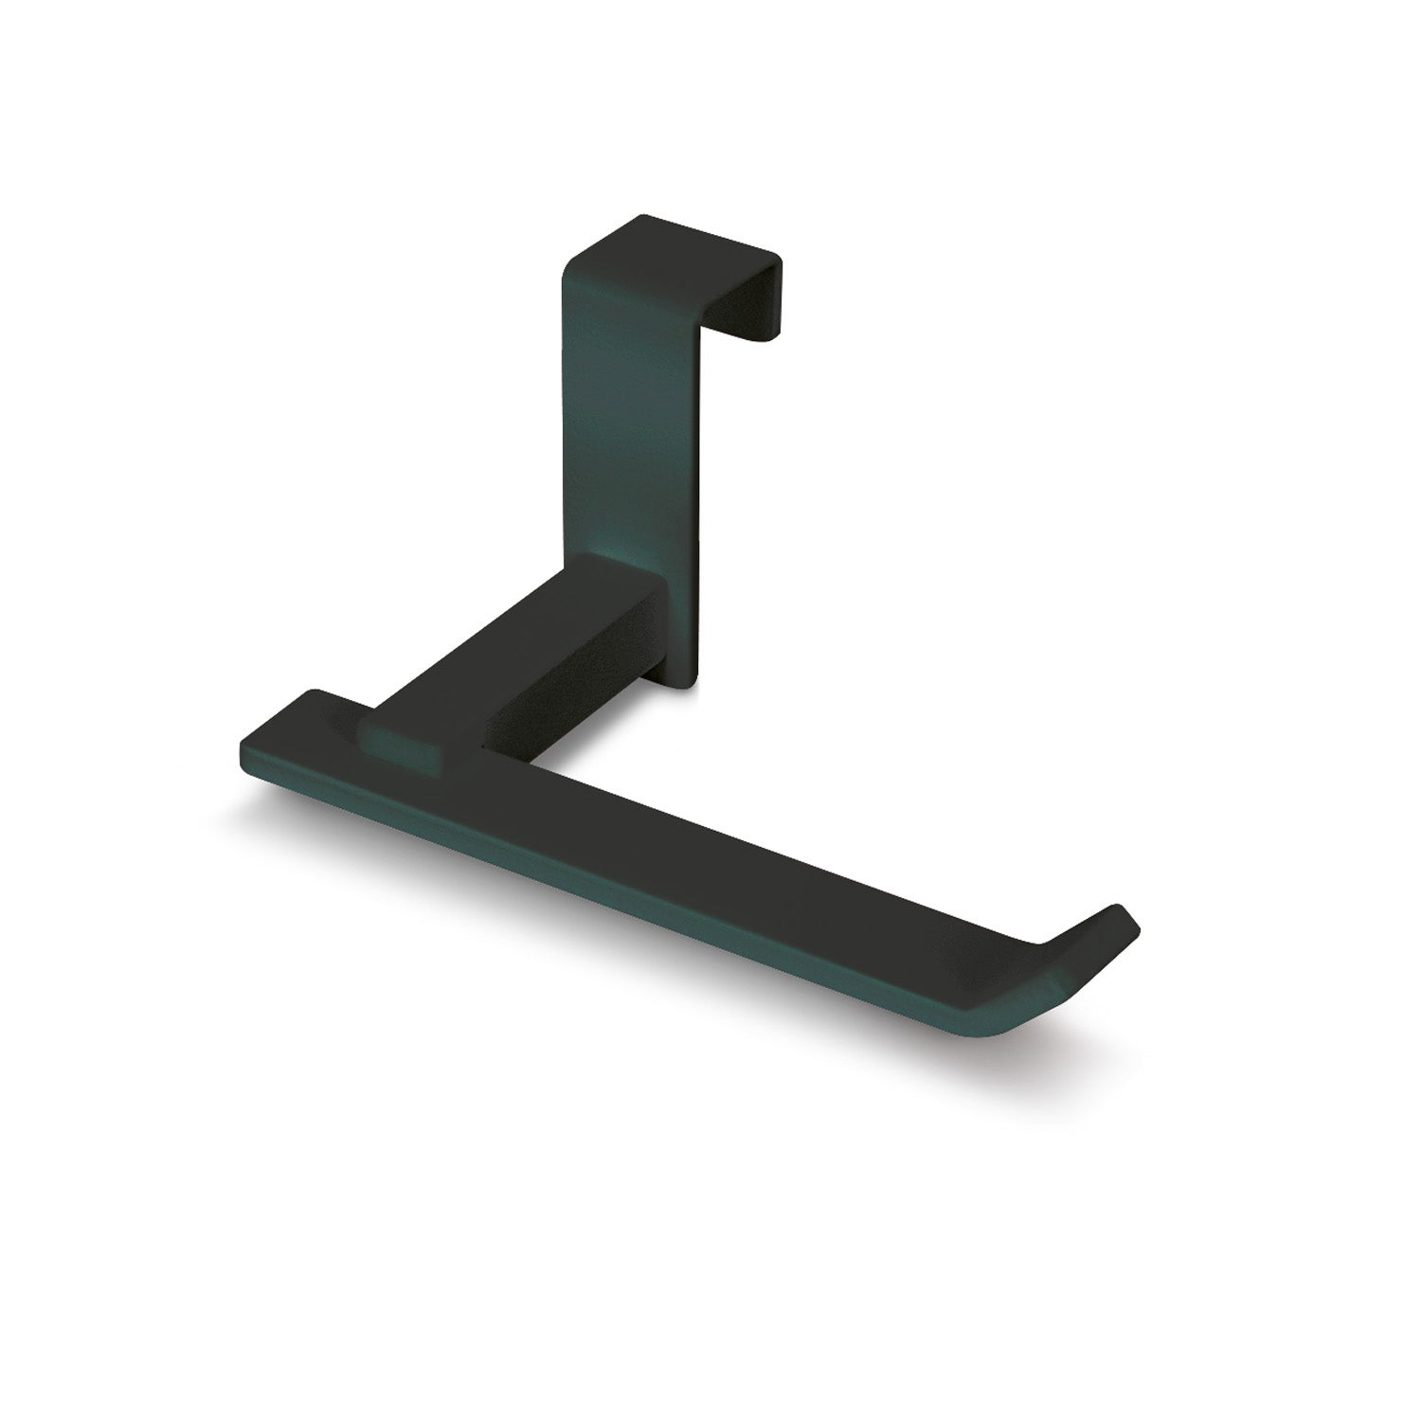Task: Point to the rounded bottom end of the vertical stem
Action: click(688, 678)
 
